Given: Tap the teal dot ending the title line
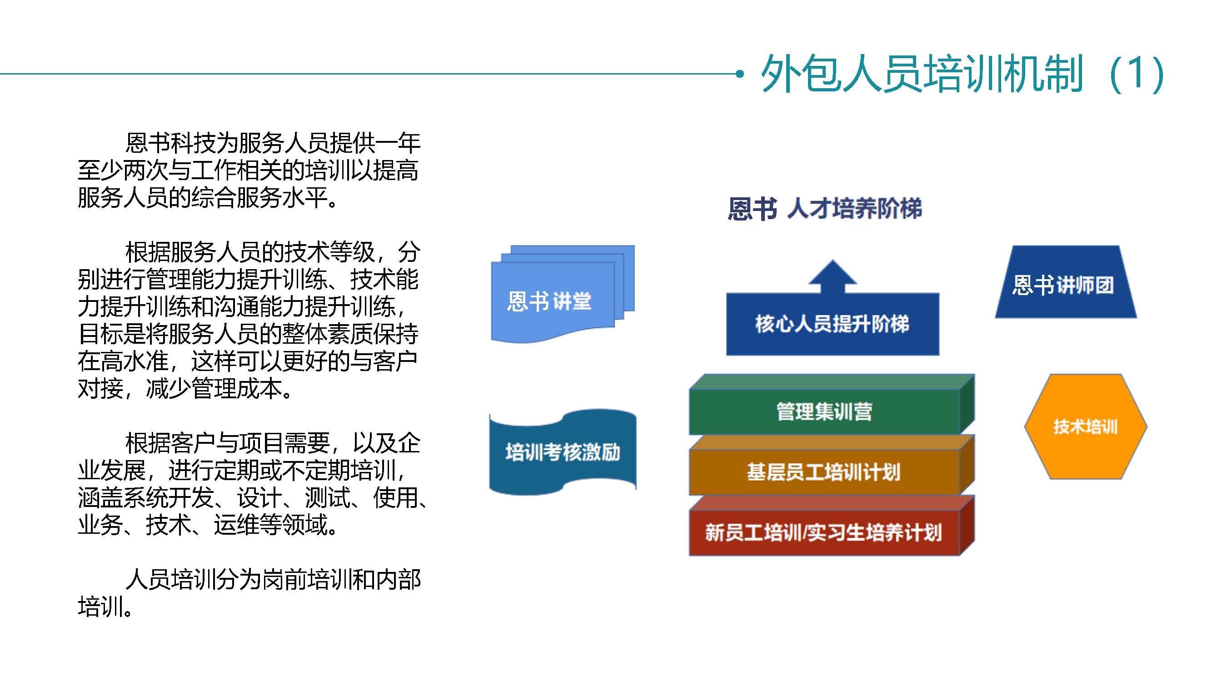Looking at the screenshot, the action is [740, 74].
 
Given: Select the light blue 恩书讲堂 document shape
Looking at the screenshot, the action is [563, 294].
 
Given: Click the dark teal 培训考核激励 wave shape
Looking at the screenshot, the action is [563, 452].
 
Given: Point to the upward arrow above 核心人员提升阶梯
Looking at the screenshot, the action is [832, 276].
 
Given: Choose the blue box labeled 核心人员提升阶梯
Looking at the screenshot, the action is [832, 324].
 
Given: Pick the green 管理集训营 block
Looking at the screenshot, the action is [831, 404].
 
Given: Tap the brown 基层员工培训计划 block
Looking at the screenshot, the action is [831, 465].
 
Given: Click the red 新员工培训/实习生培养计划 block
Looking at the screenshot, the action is [831, 526].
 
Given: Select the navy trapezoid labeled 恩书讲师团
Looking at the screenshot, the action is [1066, 282].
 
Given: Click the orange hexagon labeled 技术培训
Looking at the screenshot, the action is [1085, 427].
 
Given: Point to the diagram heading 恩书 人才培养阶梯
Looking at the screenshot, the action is [825, 209].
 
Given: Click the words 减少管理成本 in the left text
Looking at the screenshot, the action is [214, 389].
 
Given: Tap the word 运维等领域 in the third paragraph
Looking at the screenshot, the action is [270, 525].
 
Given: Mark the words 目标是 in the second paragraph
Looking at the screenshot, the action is [112, 334].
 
